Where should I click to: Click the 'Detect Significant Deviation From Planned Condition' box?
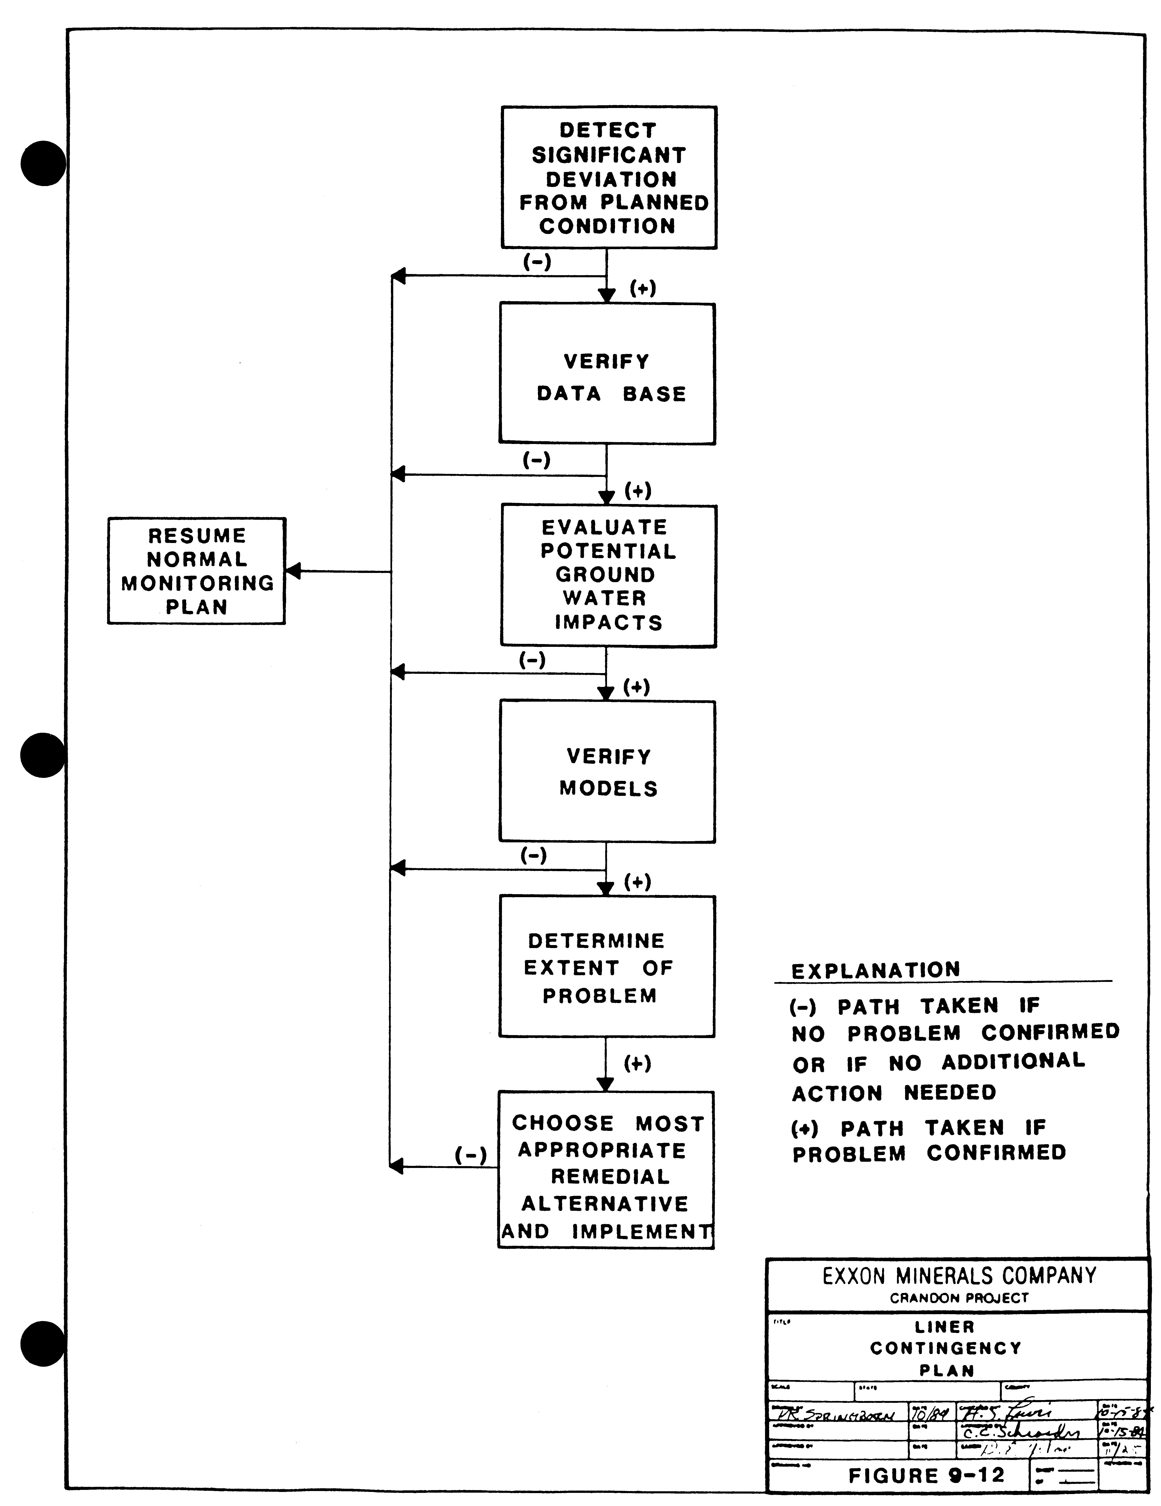(608, 177)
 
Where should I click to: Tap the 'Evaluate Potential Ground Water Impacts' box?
(608, 576)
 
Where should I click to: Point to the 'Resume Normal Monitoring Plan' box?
(196, 571)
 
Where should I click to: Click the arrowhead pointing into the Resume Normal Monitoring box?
(293, 571)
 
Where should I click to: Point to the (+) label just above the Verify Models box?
(636, 687)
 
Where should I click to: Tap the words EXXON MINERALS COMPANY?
(959, 1276)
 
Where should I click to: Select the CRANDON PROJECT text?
(959, 1298)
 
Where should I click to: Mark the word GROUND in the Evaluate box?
(605, 574)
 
